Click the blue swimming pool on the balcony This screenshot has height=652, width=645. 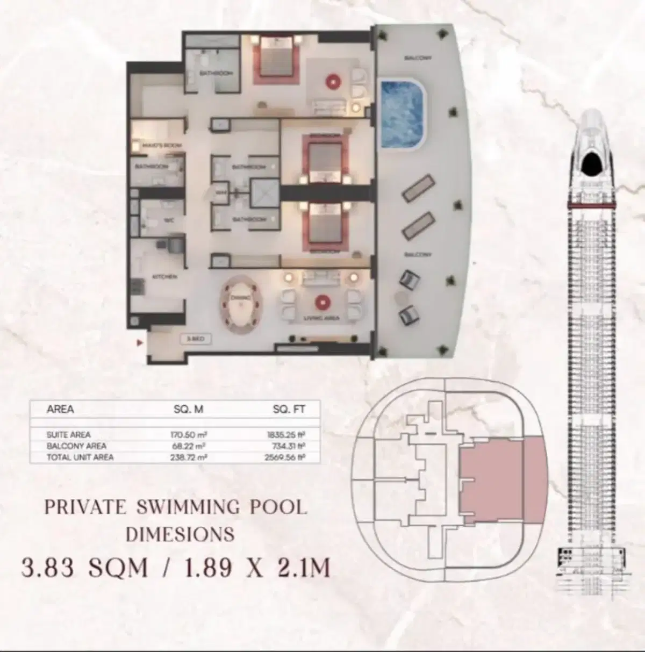(x=403, y=114)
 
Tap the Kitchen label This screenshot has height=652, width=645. (x=164, y=276)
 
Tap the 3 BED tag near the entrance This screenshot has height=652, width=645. (x=195, y=340)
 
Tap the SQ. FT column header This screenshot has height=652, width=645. (x=289, y=410)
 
